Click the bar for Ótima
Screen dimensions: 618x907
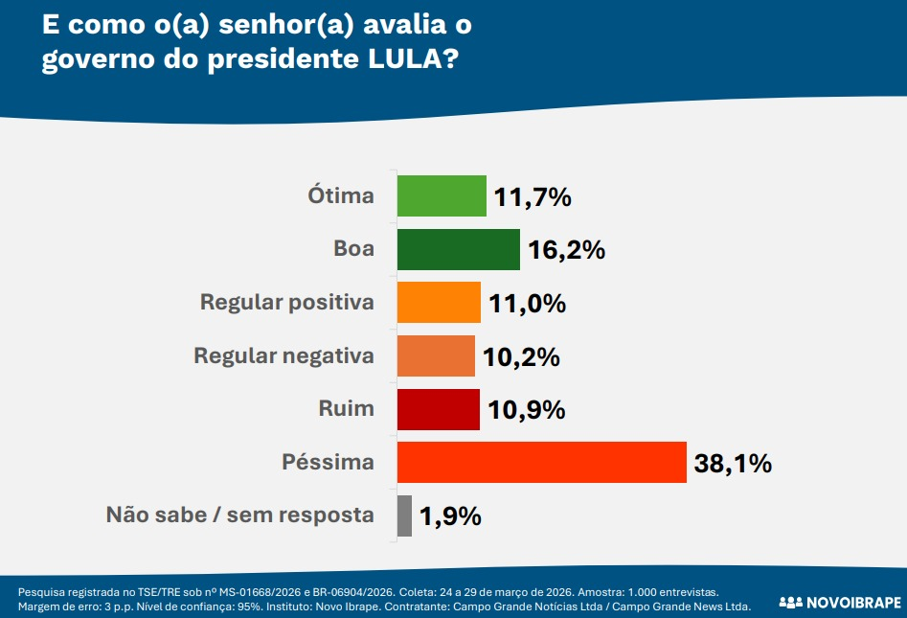click(442, 196)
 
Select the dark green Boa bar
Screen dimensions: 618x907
click(458, 250)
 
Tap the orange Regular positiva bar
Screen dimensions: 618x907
click(438, 303)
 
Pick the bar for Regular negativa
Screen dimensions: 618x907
click(436, 356)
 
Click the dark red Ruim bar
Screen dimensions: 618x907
click(438, 409)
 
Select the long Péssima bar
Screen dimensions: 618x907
click(541, 463)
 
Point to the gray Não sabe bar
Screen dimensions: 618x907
click(404, 515)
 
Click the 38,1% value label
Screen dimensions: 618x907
click(733, 464)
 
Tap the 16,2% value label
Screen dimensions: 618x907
click(566, 251)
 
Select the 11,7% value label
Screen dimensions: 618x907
click(533, 197)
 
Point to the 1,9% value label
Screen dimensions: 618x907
click(449, 516)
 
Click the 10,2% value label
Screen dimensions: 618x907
click(521, 357)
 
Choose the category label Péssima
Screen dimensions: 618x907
click(328, 463)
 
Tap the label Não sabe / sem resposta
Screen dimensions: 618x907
click(239, 515)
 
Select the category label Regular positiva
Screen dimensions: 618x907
click(286, 303)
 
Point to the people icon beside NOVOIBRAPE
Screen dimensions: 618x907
click(790, 603)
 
